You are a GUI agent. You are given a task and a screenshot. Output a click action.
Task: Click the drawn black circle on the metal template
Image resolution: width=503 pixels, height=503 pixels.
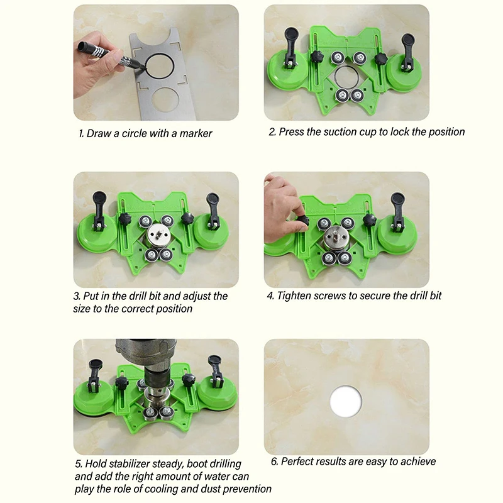(x=159, y=66)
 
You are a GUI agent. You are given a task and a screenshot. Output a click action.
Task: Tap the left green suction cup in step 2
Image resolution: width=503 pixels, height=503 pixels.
(x=291, y=74)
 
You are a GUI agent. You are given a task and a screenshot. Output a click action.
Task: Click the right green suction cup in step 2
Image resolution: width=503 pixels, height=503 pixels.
(x=406, y=74)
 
